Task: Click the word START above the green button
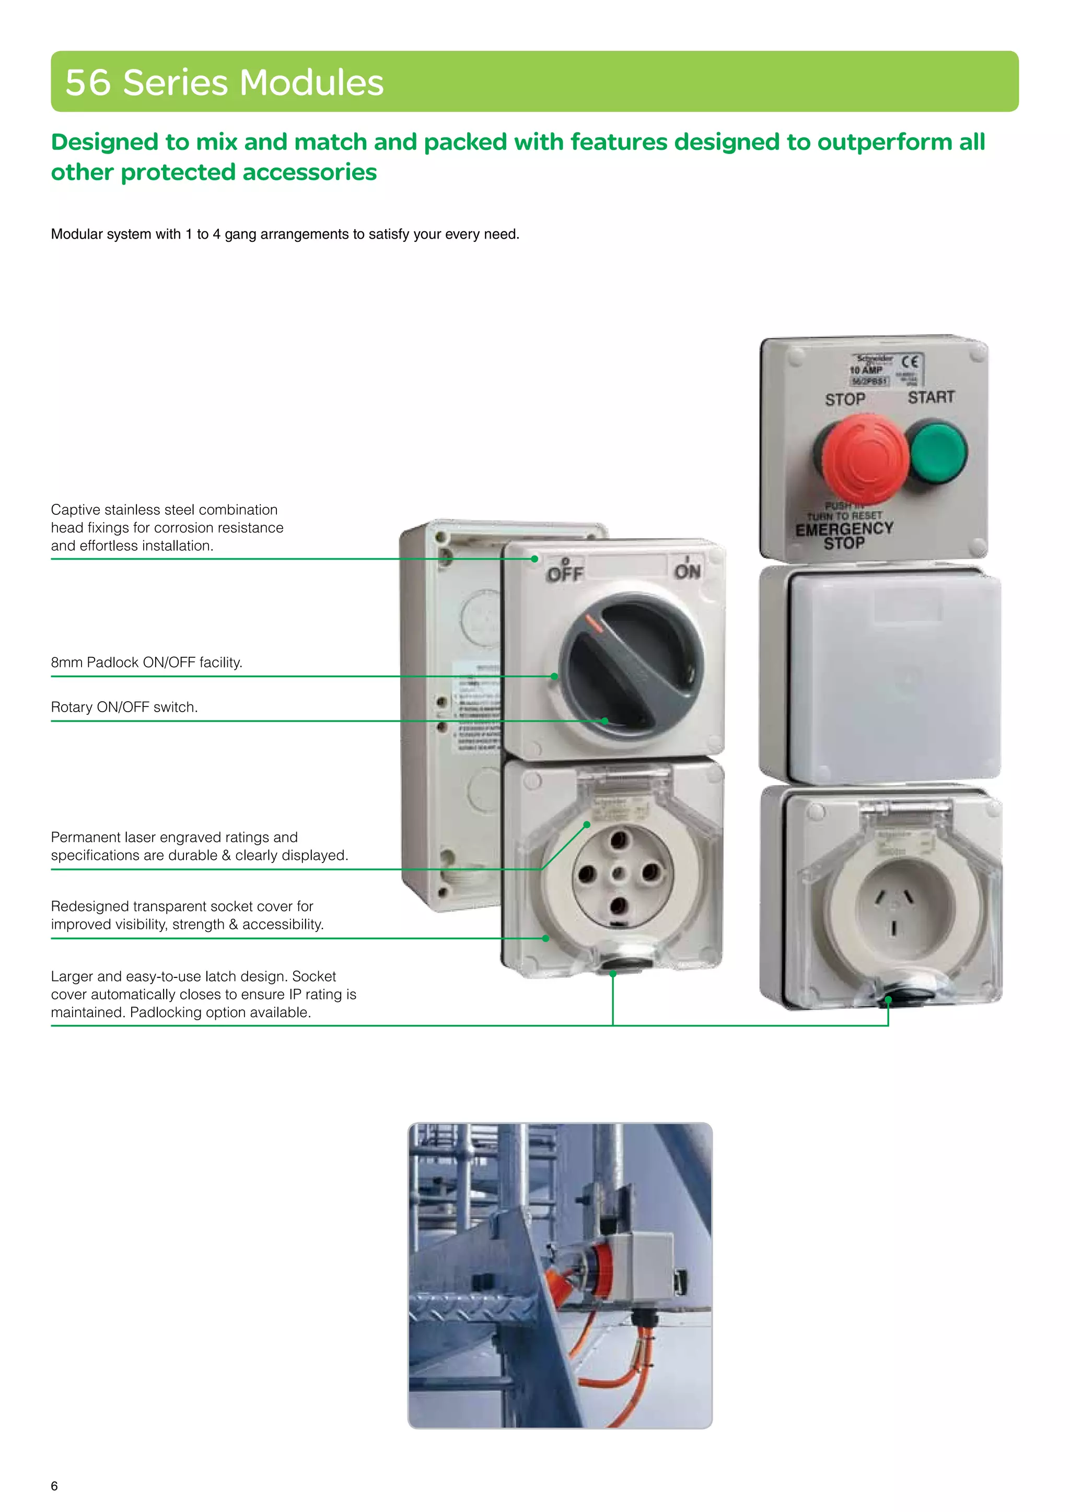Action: (x=931, y=397)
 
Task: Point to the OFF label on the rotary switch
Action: (x=565, y=574)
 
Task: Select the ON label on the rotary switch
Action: (x=687, y=571)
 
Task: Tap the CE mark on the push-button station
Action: (x=910, y=361)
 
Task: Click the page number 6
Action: (x=54, y=1486)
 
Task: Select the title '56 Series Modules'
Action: (x=224, y=82)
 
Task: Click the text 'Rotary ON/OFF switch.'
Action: (x=124, y=707)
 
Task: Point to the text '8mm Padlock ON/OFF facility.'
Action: (x=146, y=663)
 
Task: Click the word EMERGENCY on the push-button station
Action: (x=844, y=529)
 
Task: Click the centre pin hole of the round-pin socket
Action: (x=618, y=874)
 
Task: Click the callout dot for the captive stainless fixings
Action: (x=535, y=559)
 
